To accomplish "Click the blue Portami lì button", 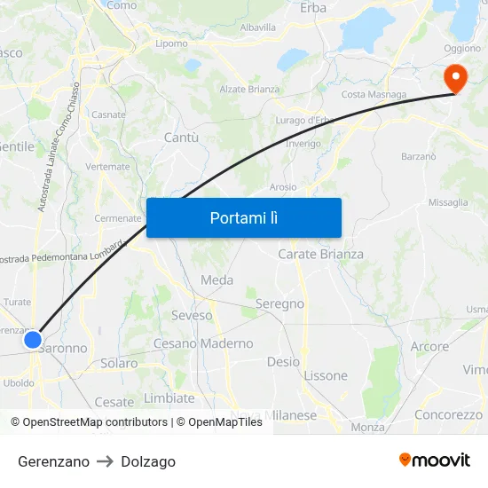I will [x=243, y=217].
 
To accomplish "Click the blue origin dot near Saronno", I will [x=34, y=339].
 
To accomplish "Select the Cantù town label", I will [x=181, y=138].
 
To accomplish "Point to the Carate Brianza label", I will [x=320, y=254].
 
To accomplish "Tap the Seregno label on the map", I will [x=279, y=303].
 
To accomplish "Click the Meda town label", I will [x=217, y=280].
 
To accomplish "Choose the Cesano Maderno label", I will [x=203, y=343].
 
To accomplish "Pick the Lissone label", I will [x=326, y=375].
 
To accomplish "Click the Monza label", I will [x=367, y=427].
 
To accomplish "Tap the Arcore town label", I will [x=429, y=346].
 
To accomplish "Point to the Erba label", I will [x=313, y=8].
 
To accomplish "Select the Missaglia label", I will [x=448, y=202].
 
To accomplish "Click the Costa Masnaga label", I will [x=374, y=95].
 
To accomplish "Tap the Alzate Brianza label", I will [x=249, y=90].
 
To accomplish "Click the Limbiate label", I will [x=169, y=398].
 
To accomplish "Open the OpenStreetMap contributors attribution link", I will [x=95, y=422].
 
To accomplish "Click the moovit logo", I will [x=434, y=460].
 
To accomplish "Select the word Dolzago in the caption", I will [x=148, y=461].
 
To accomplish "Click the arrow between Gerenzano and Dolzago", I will [x=105, y=461].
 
